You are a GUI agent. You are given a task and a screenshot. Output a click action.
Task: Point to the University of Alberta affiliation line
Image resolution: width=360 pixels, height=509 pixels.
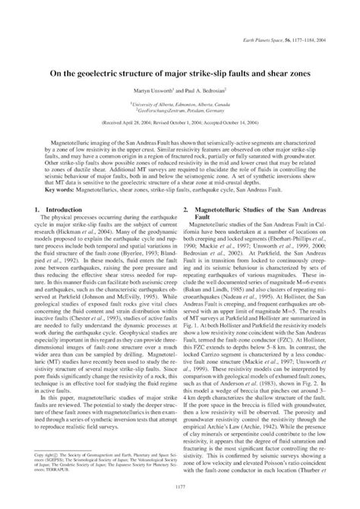(x=179, y=81)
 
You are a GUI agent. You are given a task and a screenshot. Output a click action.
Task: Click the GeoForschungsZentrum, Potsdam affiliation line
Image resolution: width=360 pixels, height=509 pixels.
(x=179, y=88)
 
